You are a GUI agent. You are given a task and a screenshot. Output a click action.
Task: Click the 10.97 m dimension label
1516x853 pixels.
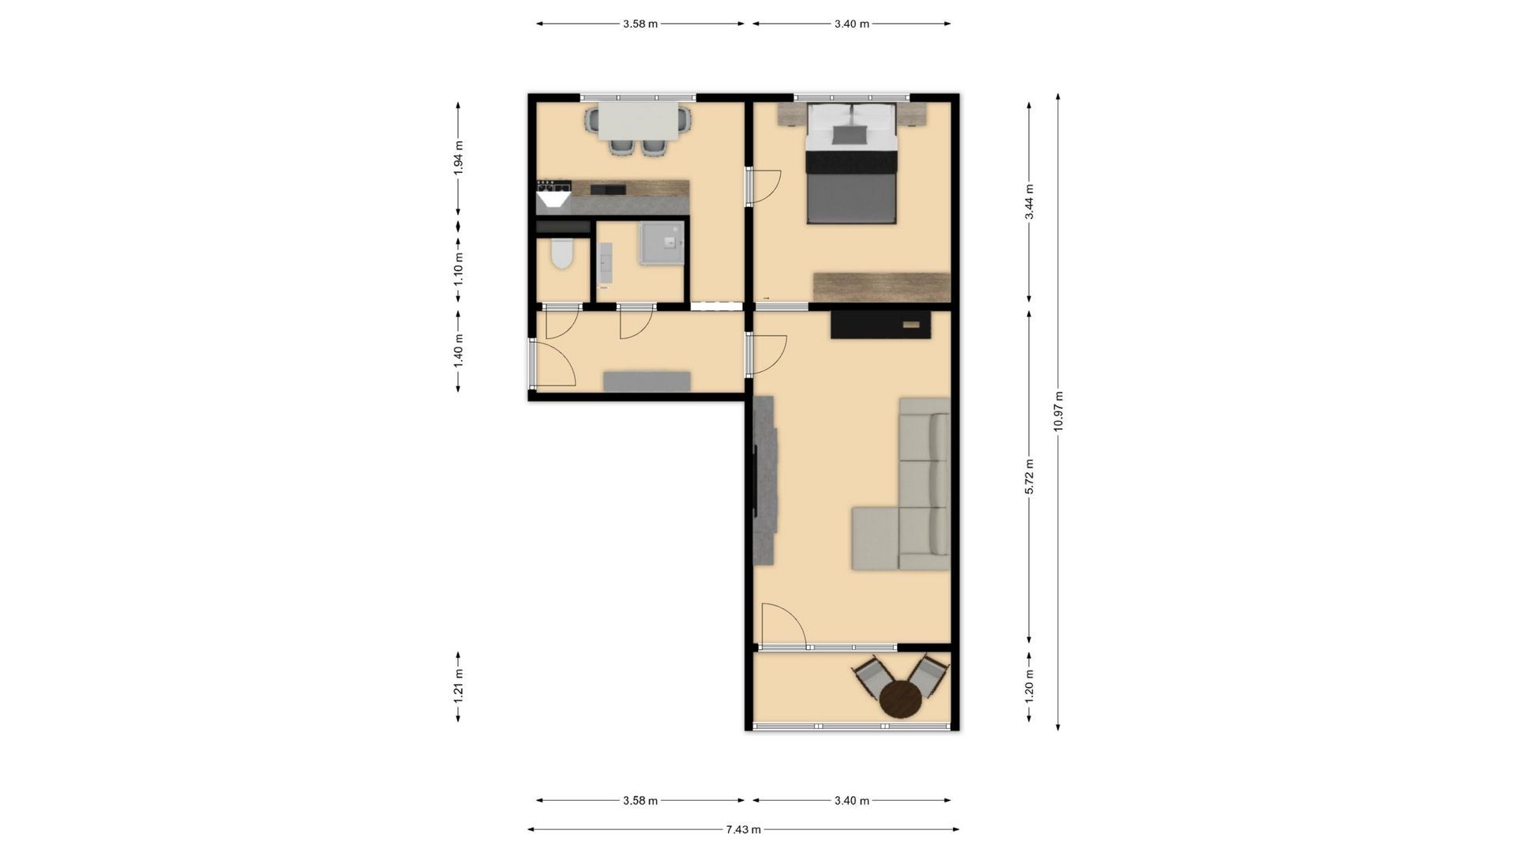click(x=1058, y=411)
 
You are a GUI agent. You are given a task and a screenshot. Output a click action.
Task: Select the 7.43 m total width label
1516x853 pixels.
click(x=743, y=829)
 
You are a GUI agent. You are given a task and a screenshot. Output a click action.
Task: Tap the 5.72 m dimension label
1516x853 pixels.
click(x=1029, y=476)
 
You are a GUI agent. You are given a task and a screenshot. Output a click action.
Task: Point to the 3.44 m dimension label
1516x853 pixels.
click(x=1029, y=202)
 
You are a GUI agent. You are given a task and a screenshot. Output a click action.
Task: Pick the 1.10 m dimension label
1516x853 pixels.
click(x=458, y=269)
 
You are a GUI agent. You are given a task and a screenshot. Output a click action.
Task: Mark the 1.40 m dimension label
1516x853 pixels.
click(x=458, y=350)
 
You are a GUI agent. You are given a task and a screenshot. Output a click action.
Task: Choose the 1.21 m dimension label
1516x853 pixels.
click(x=458, y=686)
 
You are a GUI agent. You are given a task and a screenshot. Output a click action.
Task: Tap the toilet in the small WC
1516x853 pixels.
click(x=561, y=252)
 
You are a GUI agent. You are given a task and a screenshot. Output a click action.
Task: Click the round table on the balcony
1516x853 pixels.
click(x=901, y=699)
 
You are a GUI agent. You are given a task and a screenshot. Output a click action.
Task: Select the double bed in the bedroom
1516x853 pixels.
click(x=851, y=163)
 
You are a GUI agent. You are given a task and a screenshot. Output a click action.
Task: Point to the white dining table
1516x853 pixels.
click(x=638, y=121)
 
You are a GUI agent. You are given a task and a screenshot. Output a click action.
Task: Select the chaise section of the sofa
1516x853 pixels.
click(x=876, y=539)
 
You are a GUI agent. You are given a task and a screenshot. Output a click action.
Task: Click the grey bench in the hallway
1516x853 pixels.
click(x=647, y=381)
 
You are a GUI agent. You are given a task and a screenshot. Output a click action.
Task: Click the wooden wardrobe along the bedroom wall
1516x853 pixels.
click(x=881, y=287)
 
